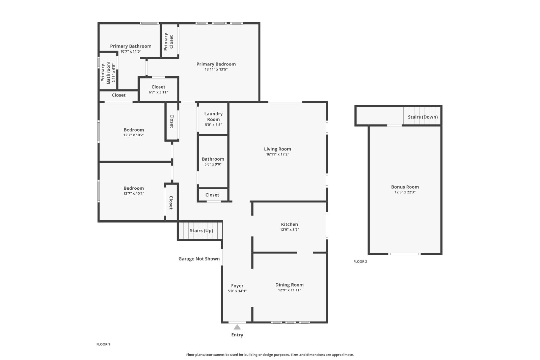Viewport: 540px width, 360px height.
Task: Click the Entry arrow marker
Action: point(237,327)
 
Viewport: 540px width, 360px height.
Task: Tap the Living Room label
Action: point(277,149)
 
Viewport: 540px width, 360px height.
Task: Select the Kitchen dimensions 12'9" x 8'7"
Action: point(290,230)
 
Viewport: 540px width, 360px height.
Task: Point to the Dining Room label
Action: point(290,285)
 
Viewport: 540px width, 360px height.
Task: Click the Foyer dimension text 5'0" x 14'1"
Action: point(237,291)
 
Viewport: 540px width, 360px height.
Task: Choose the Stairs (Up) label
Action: point(201,230)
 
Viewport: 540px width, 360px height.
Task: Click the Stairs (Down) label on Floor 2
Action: point(423,117)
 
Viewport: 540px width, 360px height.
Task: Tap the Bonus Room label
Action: point(405,187)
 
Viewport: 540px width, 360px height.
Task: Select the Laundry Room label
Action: point(213,116)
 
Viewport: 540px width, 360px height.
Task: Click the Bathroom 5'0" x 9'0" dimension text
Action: point(213,164)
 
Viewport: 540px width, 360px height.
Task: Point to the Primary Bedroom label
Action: point(216,64)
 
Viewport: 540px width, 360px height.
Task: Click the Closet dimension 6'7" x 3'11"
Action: point(158,92)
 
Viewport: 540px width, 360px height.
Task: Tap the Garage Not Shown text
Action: point(199,258)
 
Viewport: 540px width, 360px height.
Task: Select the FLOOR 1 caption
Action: point(103,344)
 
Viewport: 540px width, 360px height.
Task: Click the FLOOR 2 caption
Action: point(360,261)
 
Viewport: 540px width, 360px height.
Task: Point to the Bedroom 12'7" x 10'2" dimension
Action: point(134,135)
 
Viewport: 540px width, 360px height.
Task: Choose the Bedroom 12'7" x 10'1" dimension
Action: point(134,193)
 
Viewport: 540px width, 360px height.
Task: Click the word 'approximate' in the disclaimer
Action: point(343,355)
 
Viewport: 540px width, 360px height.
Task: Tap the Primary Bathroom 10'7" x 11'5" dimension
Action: point(131,51)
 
